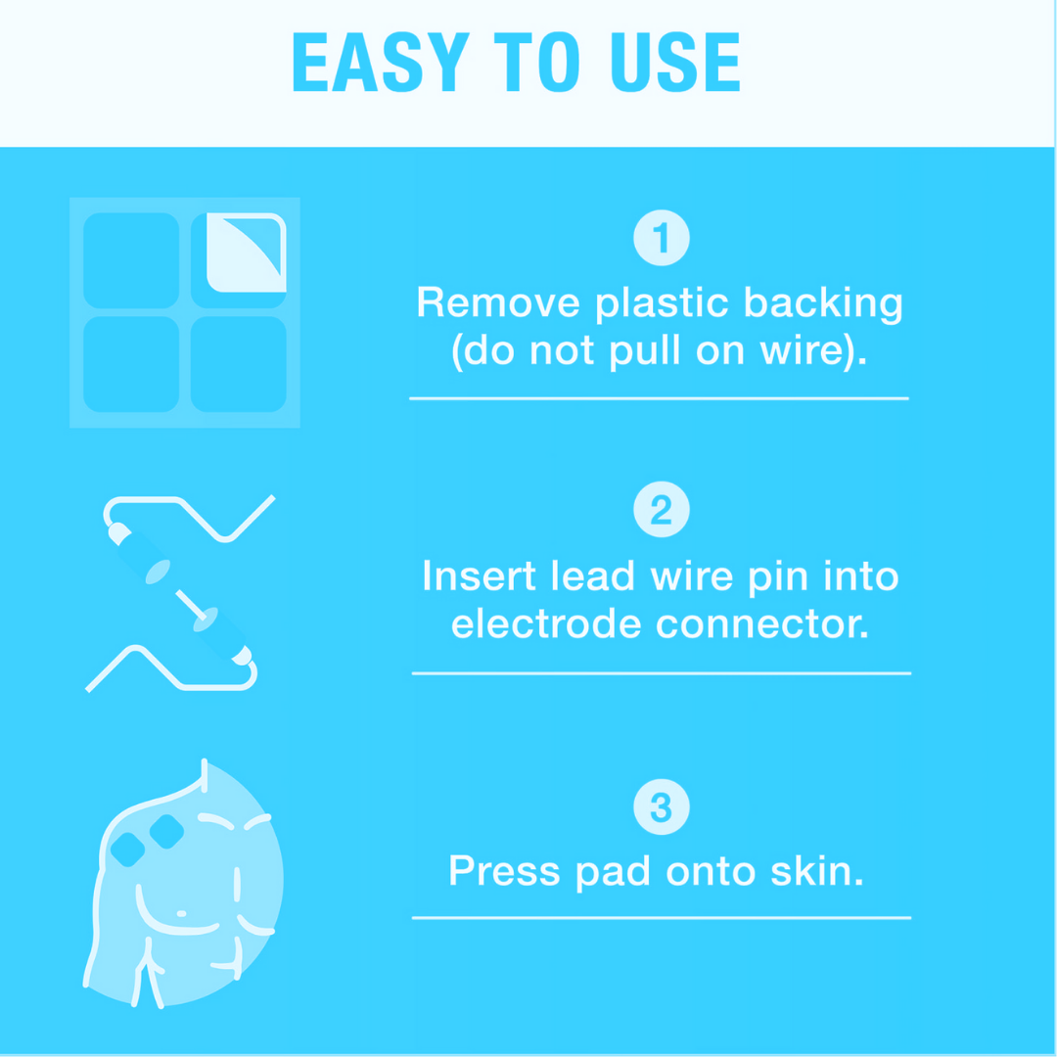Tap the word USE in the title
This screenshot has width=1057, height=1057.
tap(675, 62)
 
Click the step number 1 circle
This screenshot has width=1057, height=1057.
tap(662, 238)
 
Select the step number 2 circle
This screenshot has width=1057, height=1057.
tap(662, 510)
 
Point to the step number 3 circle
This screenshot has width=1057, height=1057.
tap(662, 806)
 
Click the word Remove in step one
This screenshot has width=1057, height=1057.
tap(498, 302)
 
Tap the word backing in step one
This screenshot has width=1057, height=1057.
tap(823, 304)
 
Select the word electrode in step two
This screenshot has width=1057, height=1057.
tap(546, 624)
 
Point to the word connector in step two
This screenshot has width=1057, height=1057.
tap(762, 624)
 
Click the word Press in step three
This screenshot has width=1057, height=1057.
tap(504, 871)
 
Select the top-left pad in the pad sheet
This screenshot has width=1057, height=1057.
tap(131, 260)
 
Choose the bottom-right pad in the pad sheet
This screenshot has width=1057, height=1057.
tap(239, 364)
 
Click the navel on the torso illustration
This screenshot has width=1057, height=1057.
tap(181, 913)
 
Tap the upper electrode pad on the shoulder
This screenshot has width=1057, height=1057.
tap(166, 831)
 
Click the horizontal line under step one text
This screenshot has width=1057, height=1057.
tap(660, 398)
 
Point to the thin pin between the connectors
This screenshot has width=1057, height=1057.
tap(191, 606)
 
